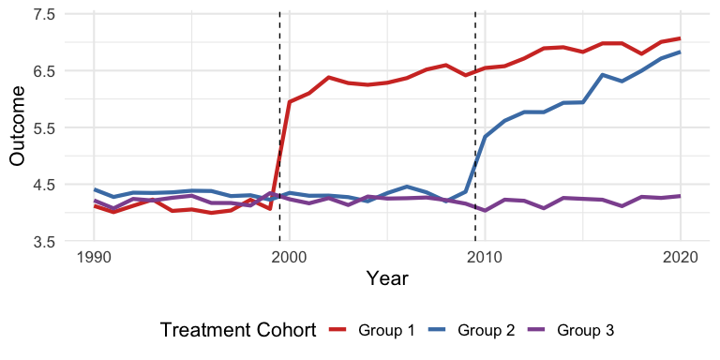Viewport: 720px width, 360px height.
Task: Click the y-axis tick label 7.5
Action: [44, 15]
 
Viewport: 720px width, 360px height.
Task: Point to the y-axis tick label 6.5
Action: [44, 71]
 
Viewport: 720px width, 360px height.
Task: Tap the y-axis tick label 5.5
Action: [44, 128]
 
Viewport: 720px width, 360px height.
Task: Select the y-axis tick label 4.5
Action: [44, 185]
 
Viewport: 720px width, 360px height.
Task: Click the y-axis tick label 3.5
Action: [44, 242]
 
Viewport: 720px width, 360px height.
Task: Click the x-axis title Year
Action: [387, 278]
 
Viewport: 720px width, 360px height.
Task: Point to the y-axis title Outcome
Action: [17, 128]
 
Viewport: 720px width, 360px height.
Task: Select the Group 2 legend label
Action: [486, 330]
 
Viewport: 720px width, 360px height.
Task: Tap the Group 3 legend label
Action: [585, 330]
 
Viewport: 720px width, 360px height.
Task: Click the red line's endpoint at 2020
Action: [680, 38]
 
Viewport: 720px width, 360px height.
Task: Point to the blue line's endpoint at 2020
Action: [680, 52]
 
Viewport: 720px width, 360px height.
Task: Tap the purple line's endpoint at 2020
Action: [680, 196]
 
